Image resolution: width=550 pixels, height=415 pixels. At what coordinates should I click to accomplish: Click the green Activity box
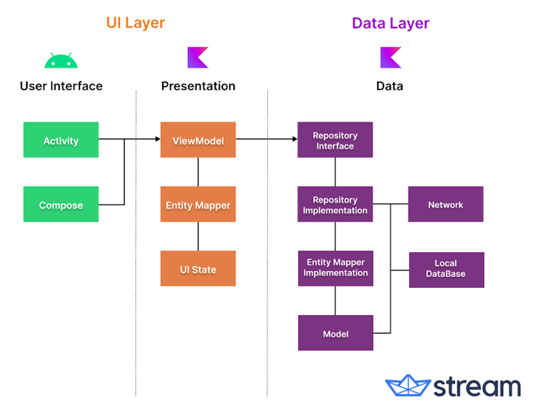tap(61, 140)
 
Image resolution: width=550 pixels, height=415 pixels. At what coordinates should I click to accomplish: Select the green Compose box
tap(61, 204)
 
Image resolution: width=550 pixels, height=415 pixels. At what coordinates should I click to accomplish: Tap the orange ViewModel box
tap(198, 140)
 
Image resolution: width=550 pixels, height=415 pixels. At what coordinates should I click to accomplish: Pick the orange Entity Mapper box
tap(198, 204)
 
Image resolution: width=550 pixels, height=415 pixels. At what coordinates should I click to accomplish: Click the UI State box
tap(198, 268)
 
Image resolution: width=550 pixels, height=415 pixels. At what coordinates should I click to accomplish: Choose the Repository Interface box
tap(335, 140)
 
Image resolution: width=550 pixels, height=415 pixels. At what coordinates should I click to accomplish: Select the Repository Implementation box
tap(335, 204)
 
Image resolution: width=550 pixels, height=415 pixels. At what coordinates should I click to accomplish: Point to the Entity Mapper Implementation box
tap(335, 268)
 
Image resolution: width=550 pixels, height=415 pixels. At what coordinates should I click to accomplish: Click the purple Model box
tap(335, 333)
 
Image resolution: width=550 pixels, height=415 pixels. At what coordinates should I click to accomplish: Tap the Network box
tap(445, 204)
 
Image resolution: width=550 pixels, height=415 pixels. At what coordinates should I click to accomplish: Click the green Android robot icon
tap(61, 61)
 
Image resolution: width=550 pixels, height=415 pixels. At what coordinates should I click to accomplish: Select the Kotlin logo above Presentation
tap(198, 57)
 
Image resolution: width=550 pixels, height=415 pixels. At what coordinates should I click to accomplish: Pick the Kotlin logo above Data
tap(391, 57)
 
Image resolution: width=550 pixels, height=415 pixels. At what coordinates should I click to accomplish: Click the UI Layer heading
tap(135, 23)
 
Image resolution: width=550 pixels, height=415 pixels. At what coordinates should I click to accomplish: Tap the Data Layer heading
tap(390, 23)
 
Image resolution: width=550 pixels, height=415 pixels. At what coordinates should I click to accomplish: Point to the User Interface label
tap(61, 86)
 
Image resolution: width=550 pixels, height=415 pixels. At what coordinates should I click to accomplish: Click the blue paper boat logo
tap(408, 385)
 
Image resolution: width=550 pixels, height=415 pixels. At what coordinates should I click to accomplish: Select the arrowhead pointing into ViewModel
tap(158, 139)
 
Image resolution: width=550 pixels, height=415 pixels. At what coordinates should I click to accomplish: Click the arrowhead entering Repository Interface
tap(295, 139)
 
